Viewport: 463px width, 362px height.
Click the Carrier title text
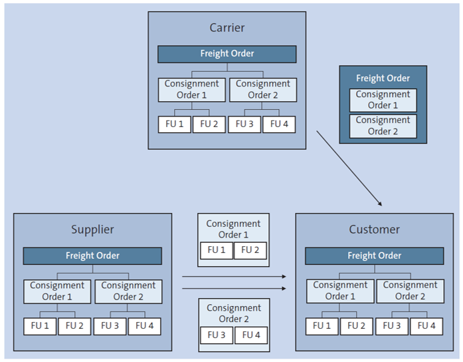coord(227,28)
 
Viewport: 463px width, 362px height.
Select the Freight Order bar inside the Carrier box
coord(227,54)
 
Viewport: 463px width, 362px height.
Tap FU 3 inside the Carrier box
coord(244,124)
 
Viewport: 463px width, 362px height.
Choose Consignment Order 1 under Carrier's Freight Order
coord(191,89)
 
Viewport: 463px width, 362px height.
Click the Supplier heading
coord(92,230)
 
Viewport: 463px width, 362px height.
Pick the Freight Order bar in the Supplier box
coord(92,256)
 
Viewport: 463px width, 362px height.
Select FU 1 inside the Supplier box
coord(40,326)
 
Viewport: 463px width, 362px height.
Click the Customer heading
coord(374,230)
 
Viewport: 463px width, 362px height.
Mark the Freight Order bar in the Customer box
coord(374,256)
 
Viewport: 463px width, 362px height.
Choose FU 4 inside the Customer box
coord(426,326)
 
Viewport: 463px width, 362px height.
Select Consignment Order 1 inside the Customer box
coord(339,291)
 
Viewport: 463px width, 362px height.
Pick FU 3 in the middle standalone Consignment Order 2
coord(217,335)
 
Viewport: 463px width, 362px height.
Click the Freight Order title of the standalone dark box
coord(383,79)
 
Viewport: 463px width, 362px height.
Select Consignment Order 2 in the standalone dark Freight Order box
coord(383,126)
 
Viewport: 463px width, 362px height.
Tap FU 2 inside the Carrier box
coord(209,124)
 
